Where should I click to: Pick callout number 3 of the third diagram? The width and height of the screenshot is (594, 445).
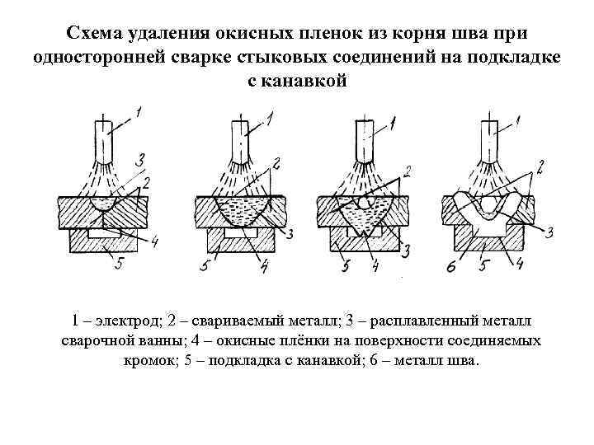tap(406, 250)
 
